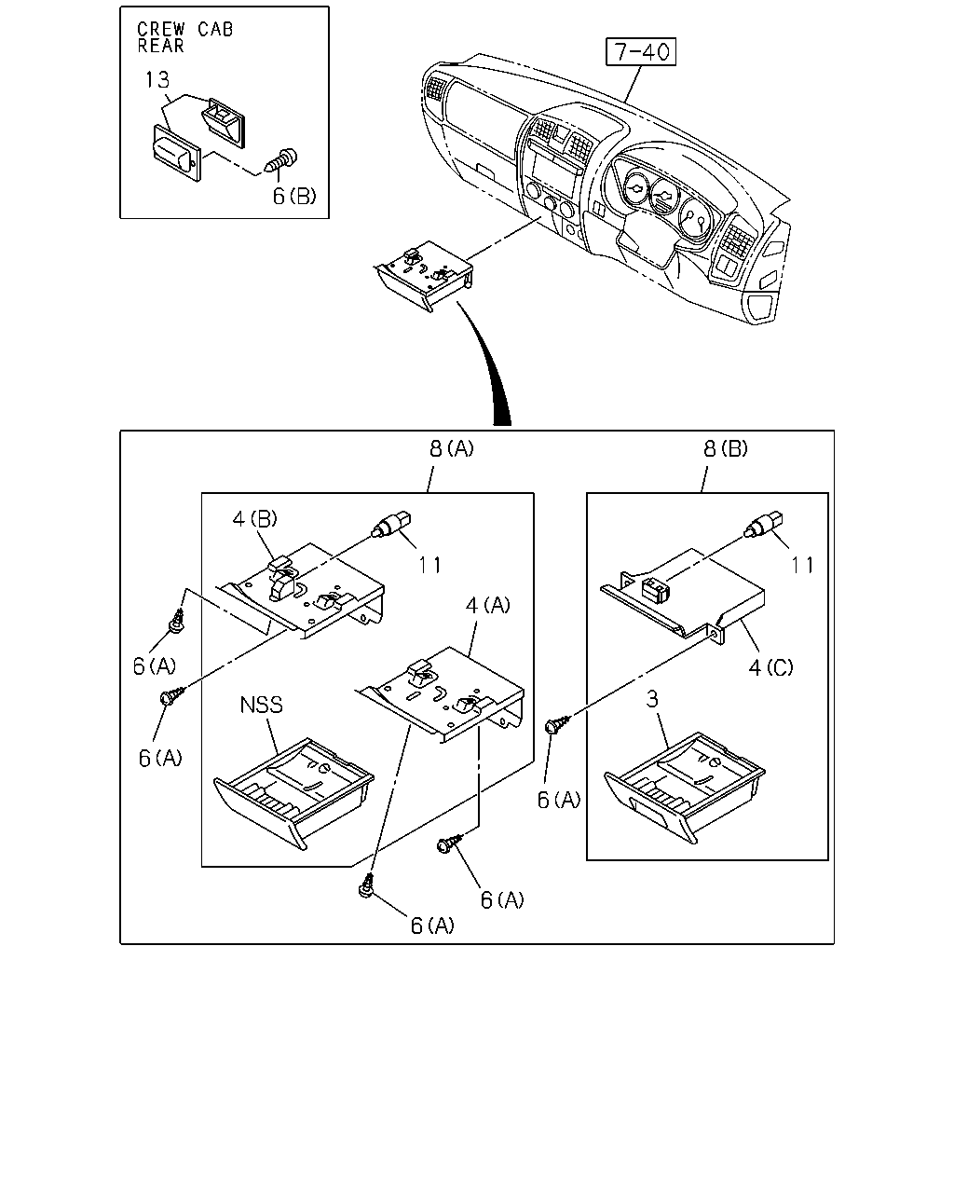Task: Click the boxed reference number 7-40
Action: click(640, 51)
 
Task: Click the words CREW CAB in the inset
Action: click(185, 29)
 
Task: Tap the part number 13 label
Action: click(157, 80)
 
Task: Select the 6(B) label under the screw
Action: click(294, 196)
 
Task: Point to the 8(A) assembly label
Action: click(452, 448)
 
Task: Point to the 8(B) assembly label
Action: click(726, 448)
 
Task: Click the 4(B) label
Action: click(255, 518)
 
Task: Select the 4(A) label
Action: click(488, 605)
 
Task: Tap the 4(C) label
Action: click(771, 667)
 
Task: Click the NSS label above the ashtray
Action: click(261, 705)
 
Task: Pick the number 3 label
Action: click(652, 699)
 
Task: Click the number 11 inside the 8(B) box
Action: click(802, 565)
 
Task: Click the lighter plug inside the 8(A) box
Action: click(391, 523)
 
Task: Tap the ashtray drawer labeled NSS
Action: click(293, 793)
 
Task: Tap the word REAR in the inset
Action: click(161, 46)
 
